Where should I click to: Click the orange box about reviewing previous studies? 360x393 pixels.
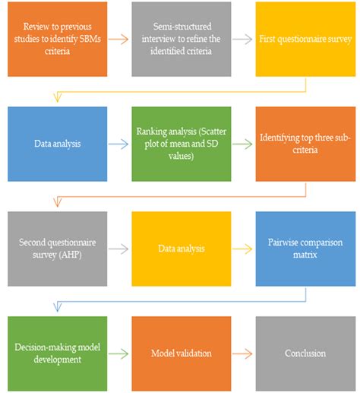[x=58, y=39]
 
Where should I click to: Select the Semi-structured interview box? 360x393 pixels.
[x=182, y=39]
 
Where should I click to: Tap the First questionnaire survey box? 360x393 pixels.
[x=305, y=39]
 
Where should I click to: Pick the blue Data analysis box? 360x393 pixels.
[x=58, y=144]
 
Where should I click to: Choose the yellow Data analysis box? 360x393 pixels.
[x=182, y=249]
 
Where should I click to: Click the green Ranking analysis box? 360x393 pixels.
[x=182, y=144]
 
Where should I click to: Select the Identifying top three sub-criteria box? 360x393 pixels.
[x=305, y=144]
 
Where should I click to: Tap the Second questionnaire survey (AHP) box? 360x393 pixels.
[x=58, y=249]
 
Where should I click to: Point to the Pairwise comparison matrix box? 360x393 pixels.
[x=305, y=249]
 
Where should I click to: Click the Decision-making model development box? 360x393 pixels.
[x=58, y=353]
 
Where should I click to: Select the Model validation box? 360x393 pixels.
[x=182, y=353]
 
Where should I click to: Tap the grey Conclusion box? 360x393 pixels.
[x=305, y=353]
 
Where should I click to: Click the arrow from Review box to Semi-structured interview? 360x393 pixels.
[x=118, y=40]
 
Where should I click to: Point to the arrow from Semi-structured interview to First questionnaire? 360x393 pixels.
[x=242, y=40]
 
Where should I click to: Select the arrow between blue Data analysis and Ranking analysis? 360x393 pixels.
[x=118, y=144]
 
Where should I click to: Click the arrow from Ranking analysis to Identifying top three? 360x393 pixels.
[x=242, y=144]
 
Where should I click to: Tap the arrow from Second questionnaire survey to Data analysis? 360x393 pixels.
[x=118, y=249]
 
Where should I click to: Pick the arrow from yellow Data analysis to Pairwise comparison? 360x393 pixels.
[x=242, y=249]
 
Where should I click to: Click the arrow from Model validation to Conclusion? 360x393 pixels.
[x=242, y=353]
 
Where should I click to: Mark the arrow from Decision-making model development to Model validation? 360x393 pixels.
[x=118, y=353]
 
